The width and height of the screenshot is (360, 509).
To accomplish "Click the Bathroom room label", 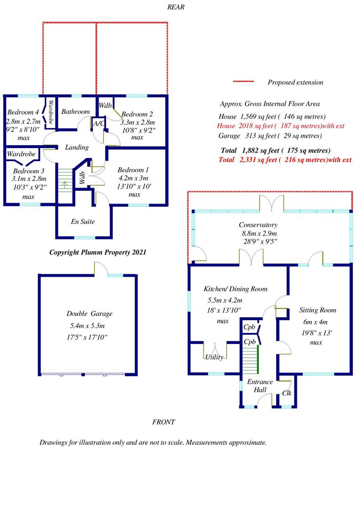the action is coord(76,112).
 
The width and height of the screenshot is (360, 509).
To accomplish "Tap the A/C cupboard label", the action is coord(98,123).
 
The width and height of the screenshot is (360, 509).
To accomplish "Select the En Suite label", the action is coord(83,222).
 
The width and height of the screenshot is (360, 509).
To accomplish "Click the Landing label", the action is coord(77,148).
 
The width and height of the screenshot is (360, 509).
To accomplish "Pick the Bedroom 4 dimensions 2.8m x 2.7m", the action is coord(24,122).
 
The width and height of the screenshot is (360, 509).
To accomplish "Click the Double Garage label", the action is coord(89,313).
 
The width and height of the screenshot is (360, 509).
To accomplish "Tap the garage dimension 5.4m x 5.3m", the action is coord(87,326).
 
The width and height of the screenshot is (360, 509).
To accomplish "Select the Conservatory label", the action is coord(258,225).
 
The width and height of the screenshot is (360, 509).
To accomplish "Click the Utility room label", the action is coord(214,357).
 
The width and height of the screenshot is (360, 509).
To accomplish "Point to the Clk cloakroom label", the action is coord(287,393).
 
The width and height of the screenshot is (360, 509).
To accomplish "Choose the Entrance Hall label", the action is coord(260,386).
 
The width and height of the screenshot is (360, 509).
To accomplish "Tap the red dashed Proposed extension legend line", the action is coord(244,81).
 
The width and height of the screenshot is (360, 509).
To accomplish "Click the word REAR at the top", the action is coord(176,7).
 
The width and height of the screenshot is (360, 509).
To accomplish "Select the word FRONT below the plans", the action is coord(164,422).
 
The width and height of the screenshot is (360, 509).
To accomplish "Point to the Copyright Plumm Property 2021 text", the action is coord(98,252).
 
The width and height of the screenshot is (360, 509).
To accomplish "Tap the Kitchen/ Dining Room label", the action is coord(236,289).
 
